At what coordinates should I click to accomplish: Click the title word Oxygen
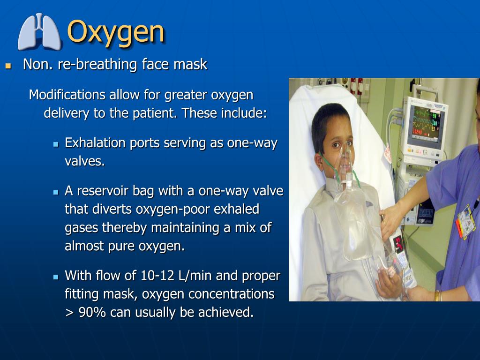(116, 32)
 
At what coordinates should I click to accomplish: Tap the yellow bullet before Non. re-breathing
(7, 66)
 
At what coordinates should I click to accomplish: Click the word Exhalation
(95, 143)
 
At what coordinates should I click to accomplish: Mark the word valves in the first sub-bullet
(84, 161)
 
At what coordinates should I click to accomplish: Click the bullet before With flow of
(55, 277)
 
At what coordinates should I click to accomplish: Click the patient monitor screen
(425, 122)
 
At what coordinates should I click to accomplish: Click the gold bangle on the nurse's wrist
(437, 295)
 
